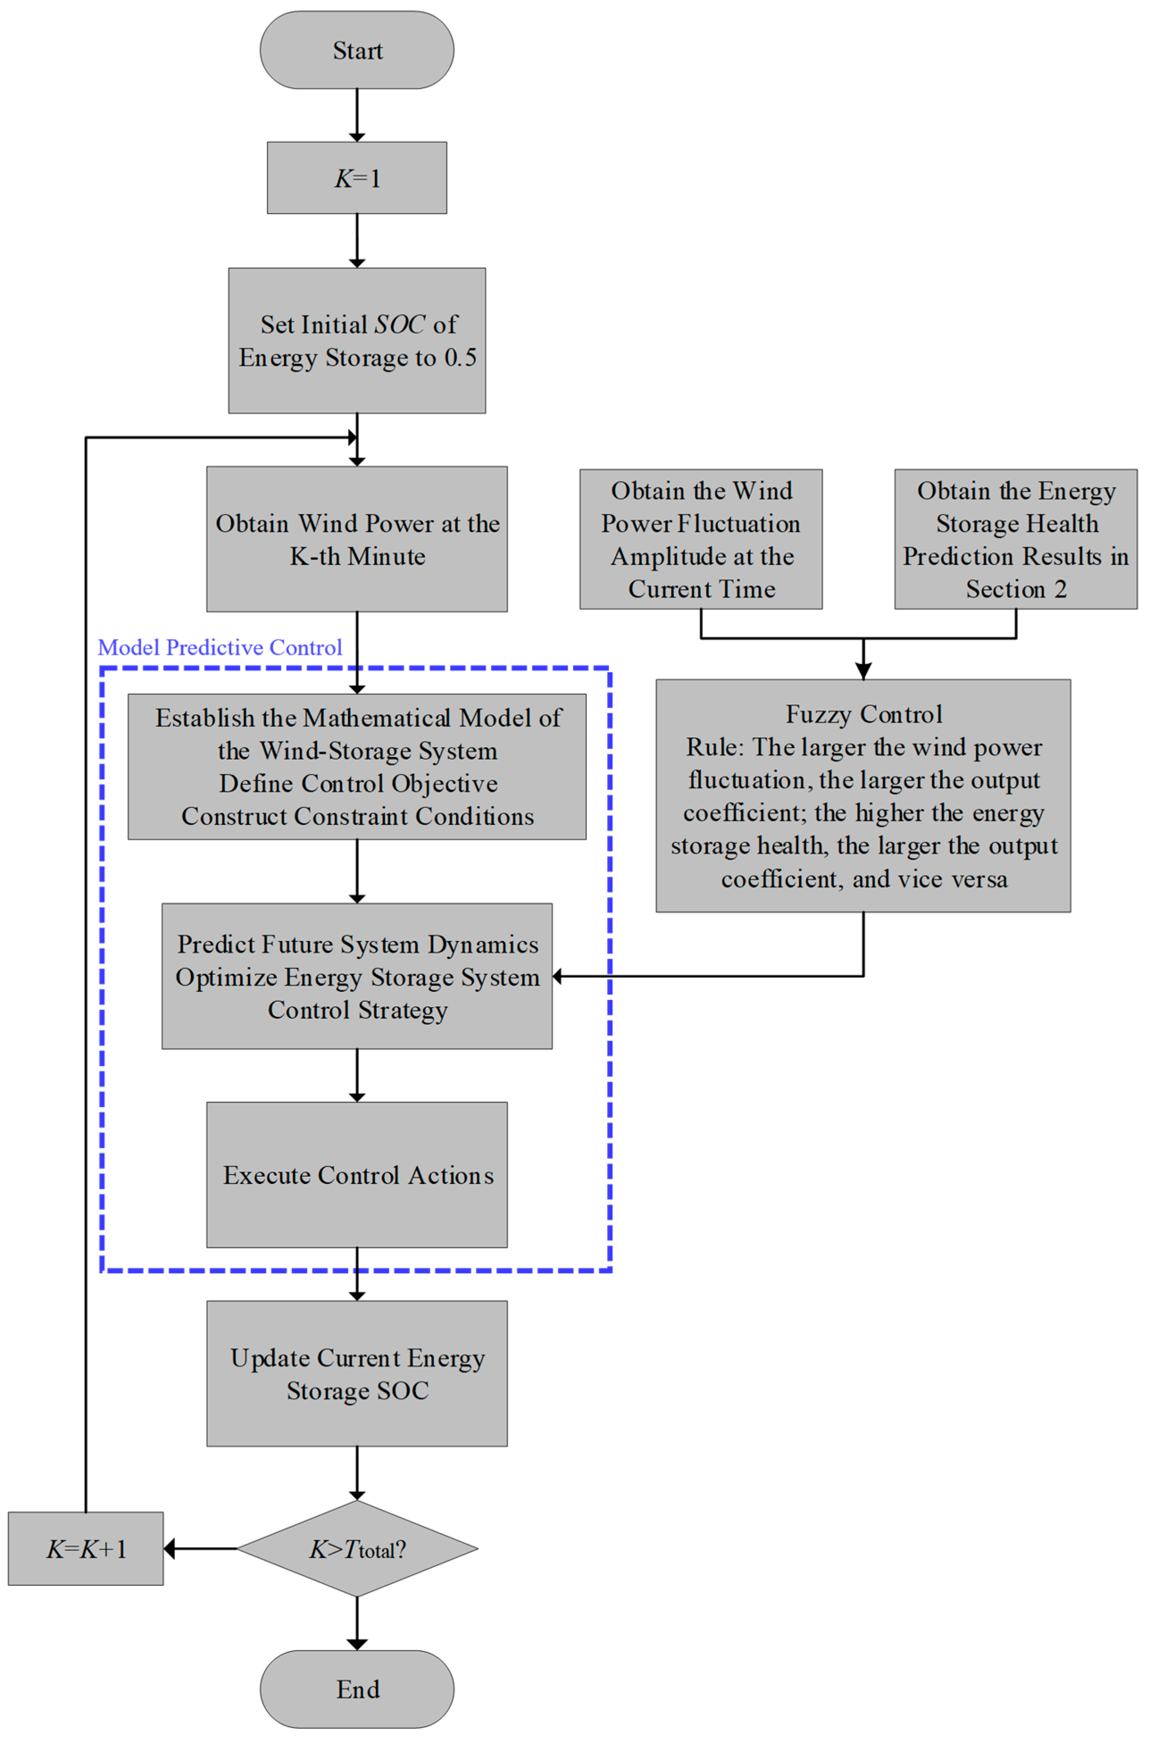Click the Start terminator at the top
pyautogui.click(x=357, y=50)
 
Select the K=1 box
pyautogui.click(x=357, y=178)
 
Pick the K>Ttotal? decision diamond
pyautogui.click(x=357, y=1549)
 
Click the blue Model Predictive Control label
pyautogui.click(x=220, y=647)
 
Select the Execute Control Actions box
pyautogui.click(x=357, y=1175)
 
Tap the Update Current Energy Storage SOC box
pyautogui.click(x=357, y=1374)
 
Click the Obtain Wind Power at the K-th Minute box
pyautogui.click(x=357, y=539)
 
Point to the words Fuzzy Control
pyautogui.click(x=864, y=714)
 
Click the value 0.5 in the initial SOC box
pyautogui.click(x=461, y=358)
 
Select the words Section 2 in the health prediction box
pyautogui.click(x=1017, y=589)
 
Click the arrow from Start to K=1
pyautogui.click(x=357, y=115)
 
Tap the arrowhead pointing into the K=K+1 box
pyautogui.click(x=169, y=1549)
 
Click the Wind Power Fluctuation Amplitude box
pyautogui.click(x=700, y=539)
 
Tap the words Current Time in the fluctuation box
pyautogui.click(x=701, y=589)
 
